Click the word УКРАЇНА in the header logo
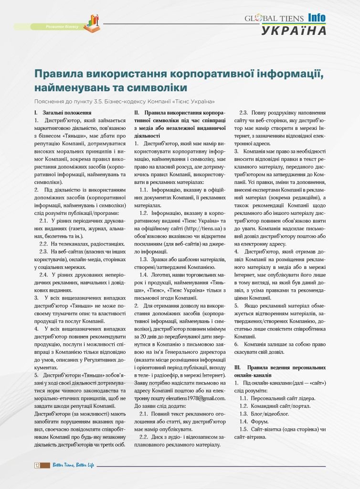[294, 31]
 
